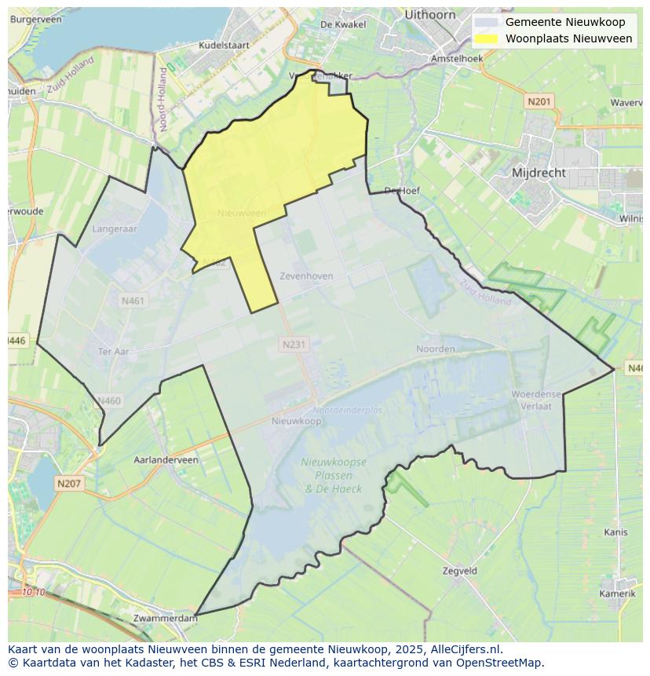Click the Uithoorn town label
[430, 15]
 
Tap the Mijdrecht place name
[539, 172]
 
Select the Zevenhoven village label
[306, 276]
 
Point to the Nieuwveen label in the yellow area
[242, 213]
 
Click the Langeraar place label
[115, 228]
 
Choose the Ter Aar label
[113, 352]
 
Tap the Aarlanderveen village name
[166, 460]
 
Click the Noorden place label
[436, 349]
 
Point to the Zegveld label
[460, 572]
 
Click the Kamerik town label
[617, 594]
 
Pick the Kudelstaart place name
[224, 46]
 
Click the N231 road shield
[294, 344]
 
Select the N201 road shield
[539, 101]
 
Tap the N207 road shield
[69, 484]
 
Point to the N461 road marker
[133, 301]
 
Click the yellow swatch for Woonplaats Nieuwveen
[487, 38]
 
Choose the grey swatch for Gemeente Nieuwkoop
[487, 23]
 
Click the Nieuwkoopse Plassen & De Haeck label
[334, 475]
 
